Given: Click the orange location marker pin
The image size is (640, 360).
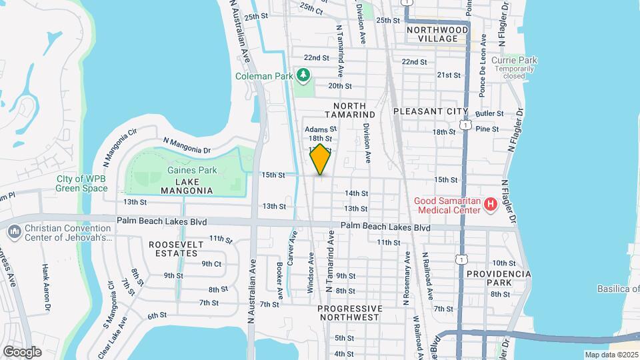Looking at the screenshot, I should [x=320, y=159].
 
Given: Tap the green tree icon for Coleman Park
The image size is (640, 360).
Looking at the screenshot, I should [x=304, y=75].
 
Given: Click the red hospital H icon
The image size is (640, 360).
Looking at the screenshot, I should [x=491, y=205].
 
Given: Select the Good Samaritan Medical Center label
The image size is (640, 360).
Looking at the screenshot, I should [x=447, y=205].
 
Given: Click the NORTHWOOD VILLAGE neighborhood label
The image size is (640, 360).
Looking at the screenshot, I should [x=437, y=34].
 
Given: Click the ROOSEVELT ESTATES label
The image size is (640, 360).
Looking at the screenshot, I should [x=176, y=249].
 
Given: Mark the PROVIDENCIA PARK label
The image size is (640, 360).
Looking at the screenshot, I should [x=499, y=279].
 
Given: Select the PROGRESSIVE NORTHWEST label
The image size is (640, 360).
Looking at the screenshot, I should [x=350, y=313].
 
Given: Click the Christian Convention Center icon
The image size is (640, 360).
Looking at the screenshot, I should [x=14, y=231].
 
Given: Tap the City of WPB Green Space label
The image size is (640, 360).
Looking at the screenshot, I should [x=82, y=183].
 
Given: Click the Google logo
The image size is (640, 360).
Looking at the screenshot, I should [x=21, y=352].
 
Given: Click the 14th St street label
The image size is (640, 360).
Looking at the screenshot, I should [x=356, y=193].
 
